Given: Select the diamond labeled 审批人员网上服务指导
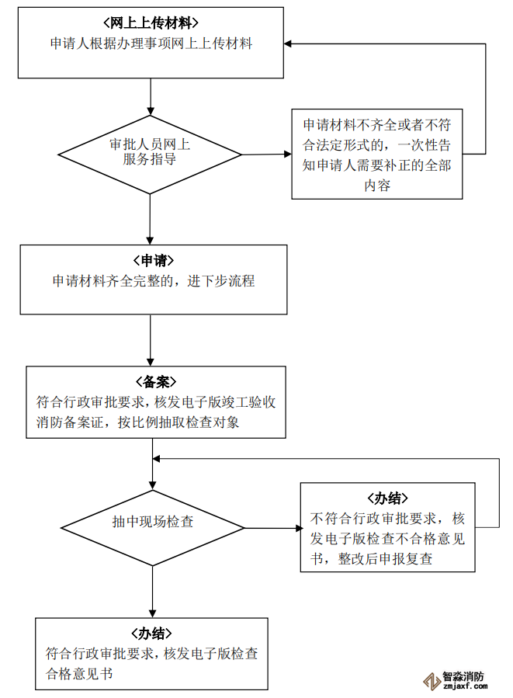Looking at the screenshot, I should [x=150, y=152].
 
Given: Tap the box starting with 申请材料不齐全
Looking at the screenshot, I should [x=377, y=155].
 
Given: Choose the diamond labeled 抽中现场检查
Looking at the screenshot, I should [x=152, y=522].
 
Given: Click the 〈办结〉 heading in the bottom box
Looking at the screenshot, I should [x=151, y=633].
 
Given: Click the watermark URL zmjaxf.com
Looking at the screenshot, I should [x=463, y=686].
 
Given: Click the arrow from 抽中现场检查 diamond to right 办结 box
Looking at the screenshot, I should [x=272, y=529].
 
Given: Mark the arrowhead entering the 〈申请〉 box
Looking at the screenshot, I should [x=150, y=241].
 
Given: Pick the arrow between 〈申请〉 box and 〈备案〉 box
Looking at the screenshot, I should [x=150, y=339].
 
